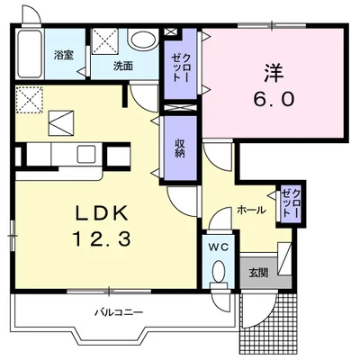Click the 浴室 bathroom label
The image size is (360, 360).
click(x=64, y=56)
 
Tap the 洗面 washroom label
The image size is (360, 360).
click(x=123, y=66)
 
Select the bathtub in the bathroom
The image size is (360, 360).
click(x=29, y=54)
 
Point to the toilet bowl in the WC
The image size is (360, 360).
click(x=218, y=270)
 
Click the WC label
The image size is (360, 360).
click(x=219, y=247)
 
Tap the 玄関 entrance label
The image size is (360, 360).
click(x=258, y=273)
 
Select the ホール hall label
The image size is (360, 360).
click(x=251, y=210)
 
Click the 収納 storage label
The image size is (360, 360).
click(x=180, y=148)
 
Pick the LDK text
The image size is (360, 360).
click(x=102, y=213)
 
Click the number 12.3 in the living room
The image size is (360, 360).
click(x=102, y=239)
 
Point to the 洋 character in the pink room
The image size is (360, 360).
click(x=274, y=74)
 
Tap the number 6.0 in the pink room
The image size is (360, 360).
click(x=274, y=99)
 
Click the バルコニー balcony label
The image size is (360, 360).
click(x=119, y=313)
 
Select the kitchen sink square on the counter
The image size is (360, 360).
click(x=85, y=154)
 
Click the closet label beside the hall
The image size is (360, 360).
click(x=291, y=203)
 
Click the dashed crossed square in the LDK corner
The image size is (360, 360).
click(x=29, y=100)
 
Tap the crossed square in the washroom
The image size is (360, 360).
click(x=104, y=41)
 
